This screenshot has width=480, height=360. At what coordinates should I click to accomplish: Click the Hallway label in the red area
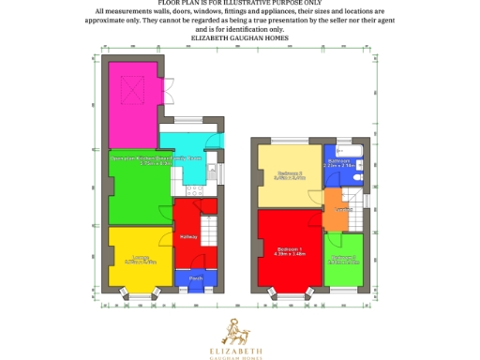[200, 236]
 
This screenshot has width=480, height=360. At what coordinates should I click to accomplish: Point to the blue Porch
[196, 278]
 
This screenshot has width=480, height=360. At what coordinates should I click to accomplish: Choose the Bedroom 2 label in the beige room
[289, 173]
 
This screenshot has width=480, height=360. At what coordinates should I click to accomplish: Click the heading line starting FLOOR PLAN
[240, 4]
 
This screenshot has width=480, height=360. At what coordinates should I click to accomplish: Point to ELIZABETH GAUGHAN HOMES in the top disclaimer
[240, 37]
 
